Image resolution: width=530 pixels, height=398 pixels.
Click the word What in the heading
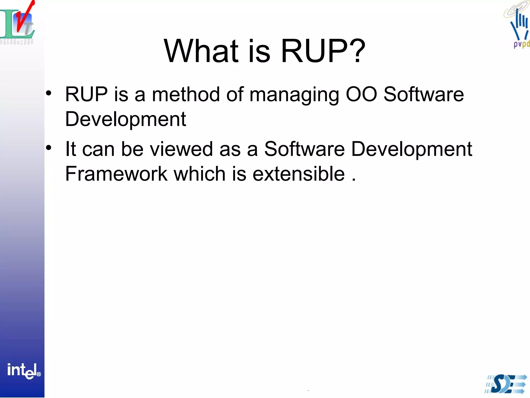(201, 51)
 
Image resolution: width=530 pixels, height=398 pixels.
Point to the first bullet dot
(49, 93)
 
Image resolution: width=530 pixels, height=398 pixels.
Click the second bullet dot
(49, 148)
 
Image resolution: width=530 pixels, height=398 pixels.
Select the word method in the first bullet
(186, 94)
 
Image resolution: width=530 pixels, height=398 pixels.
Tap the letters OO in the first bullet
(361, 94)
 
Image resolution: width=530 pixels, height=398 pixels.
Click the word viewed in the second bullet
(181, 149)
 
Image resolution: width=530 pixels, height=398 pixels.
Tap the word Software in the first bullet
(423, 94)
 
